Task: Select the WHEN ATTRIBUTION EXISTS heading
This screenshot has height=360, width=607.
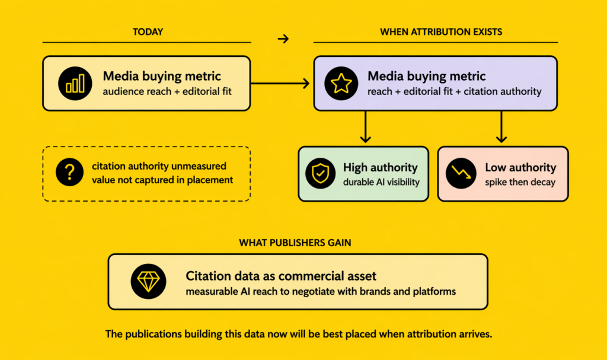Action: pos(440,31)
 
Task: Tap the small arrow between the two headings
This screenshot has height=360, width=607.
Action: pos(283,39)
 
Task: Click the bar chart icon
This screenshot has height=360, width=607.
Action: pos(75,84)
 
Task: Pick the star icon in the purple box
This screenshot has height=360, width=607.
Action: pos(341,84)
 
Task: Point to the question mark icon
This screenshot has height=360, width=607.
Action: pos(69,173)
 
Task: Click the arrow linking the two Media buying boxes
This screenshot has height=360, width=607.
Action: pos(281,84)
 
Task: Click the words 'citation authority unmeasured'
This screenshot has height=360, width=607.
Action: pos(159,167)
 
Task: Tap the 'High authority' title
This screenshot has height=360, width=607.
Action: pos(380,168)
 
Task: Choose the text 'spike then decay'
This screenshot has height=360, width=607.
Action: pos(520,182)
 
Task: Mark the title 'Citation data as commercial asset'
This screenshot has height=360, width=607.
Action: pos(281,276)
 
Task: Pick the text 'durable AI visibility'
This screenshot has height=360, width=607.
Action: pos(381,182)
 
